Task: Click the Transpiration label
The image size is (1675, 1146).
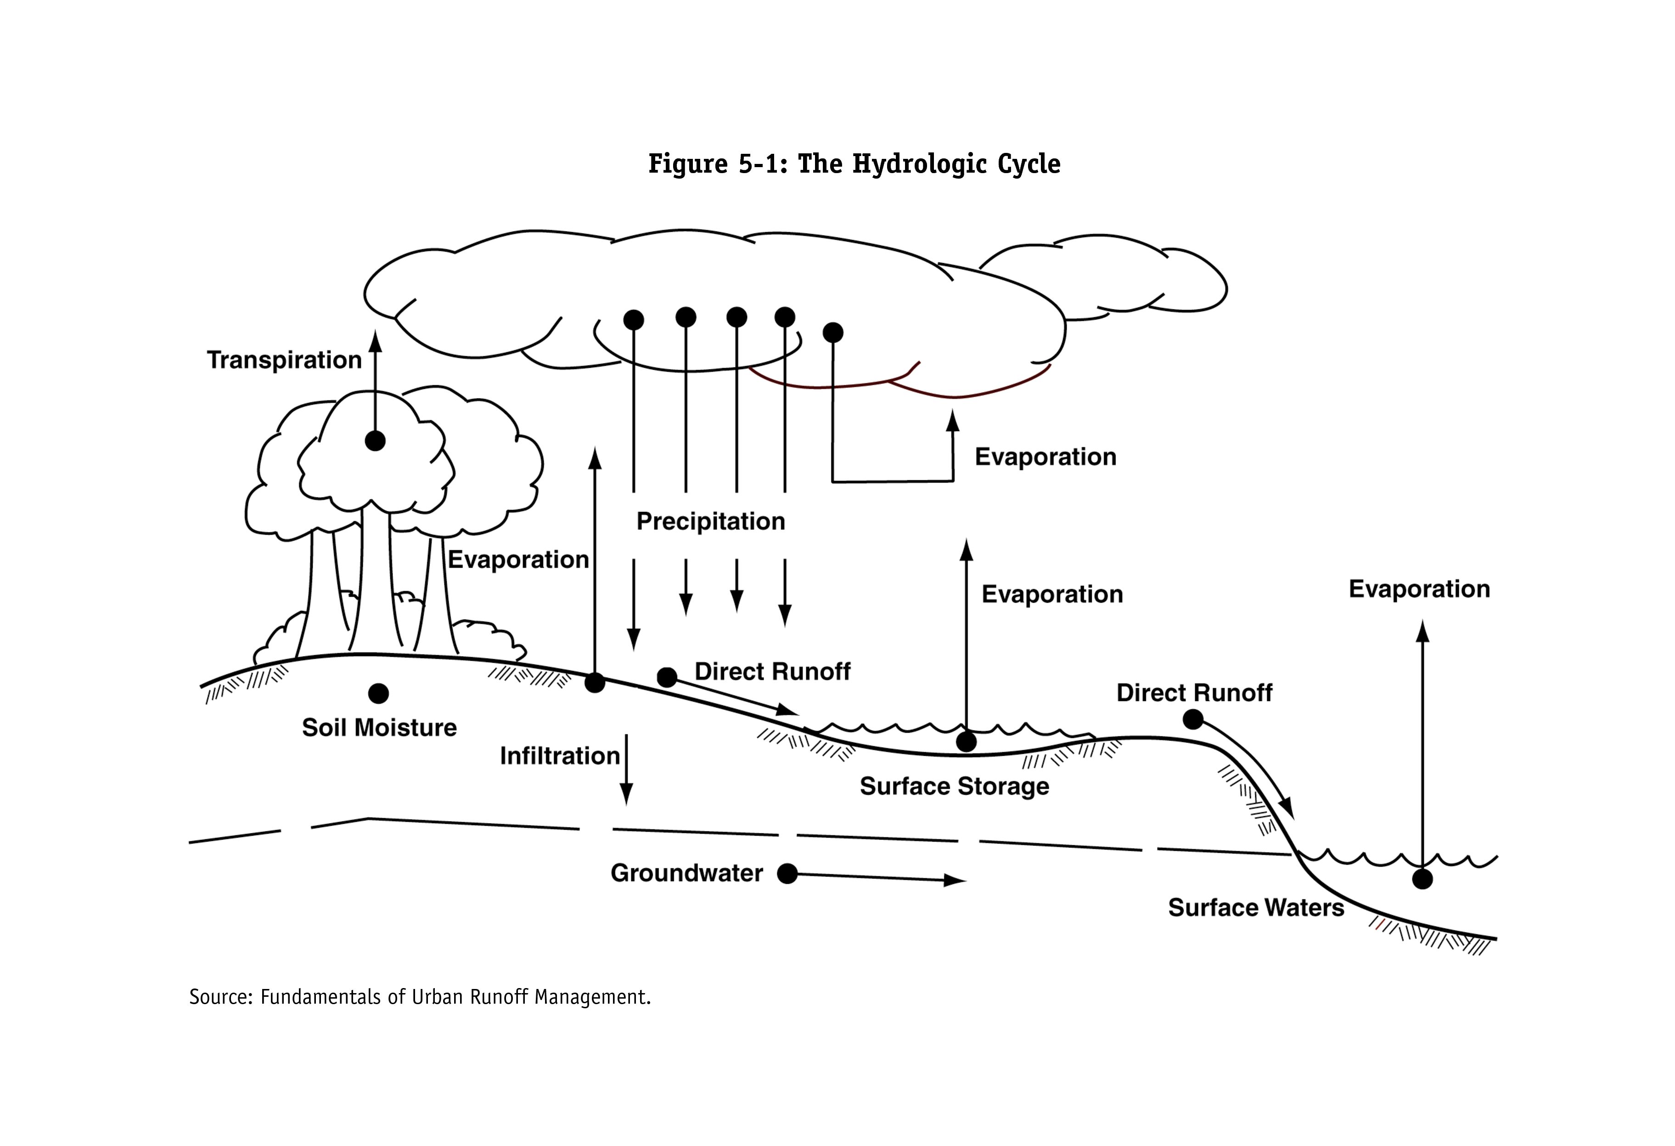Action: pos(284,360)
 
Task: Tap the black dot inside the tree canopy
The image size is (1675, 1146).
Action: pos(375,440)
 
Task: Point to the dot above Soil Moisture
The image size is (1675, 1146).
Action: pos(378,693)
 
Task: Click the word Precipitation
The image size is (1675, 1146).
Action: pos(711,521)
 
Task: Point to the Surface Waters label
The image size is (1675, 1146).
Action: pos(1255,907)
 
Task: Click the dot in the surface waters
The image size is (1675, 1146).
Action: pos(1422,879)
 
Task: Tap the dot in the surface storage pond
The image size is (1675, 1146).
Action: pos(966,741)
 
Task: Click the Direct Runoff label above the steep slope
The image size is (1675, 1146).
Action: pos(1194,693)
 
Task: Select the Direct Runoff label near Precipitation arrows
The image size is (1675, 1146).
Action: pos(773,672)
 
